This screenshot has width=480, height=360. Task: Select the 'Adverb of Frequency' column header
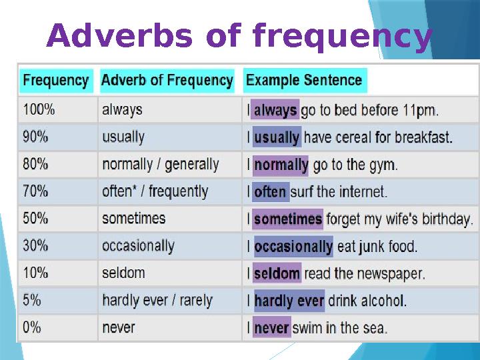pos(167,81)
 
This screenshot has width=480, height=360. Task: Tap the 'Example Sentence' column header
pos(304,81)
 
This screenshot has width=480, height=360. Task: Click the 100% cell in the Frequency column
pos(36,109)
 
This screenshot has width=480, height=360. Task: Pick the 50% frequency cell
pos(36,218)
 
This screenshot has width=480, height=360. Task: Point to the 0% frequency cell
pos(32,327)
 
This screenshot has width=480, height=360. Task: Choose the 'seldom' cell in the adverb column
pos(123,273)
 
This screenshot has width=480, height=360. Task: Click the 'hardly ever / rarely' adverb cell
pos(157,300)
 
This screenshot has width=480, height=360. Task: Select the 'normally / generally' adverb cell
pos(160,164)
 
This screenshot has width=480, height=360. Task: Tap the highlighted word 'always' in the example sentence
pos(275,110)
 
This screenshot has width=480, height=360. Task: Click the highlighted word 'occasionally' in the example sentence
pos(293,246)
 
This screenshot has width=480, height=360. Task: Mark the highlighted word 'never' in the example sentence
pos(271,328)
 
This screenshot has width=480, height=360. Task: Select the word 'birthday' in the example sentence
pos(445,219)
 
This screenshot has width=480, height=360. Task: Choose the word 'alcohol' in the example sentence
pos(383,301)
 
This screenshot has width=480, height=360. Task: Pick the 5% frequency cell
pos(32,300)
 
